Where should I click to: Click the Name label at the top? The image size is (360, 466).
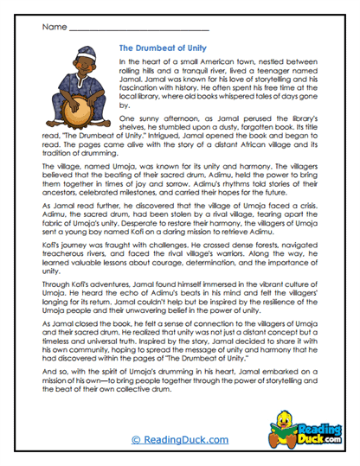pyautogui.click(x=53, y=27)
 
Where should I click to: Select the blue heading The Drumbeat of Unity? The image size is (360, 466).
pyautogui.click(x=162, y=49)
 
